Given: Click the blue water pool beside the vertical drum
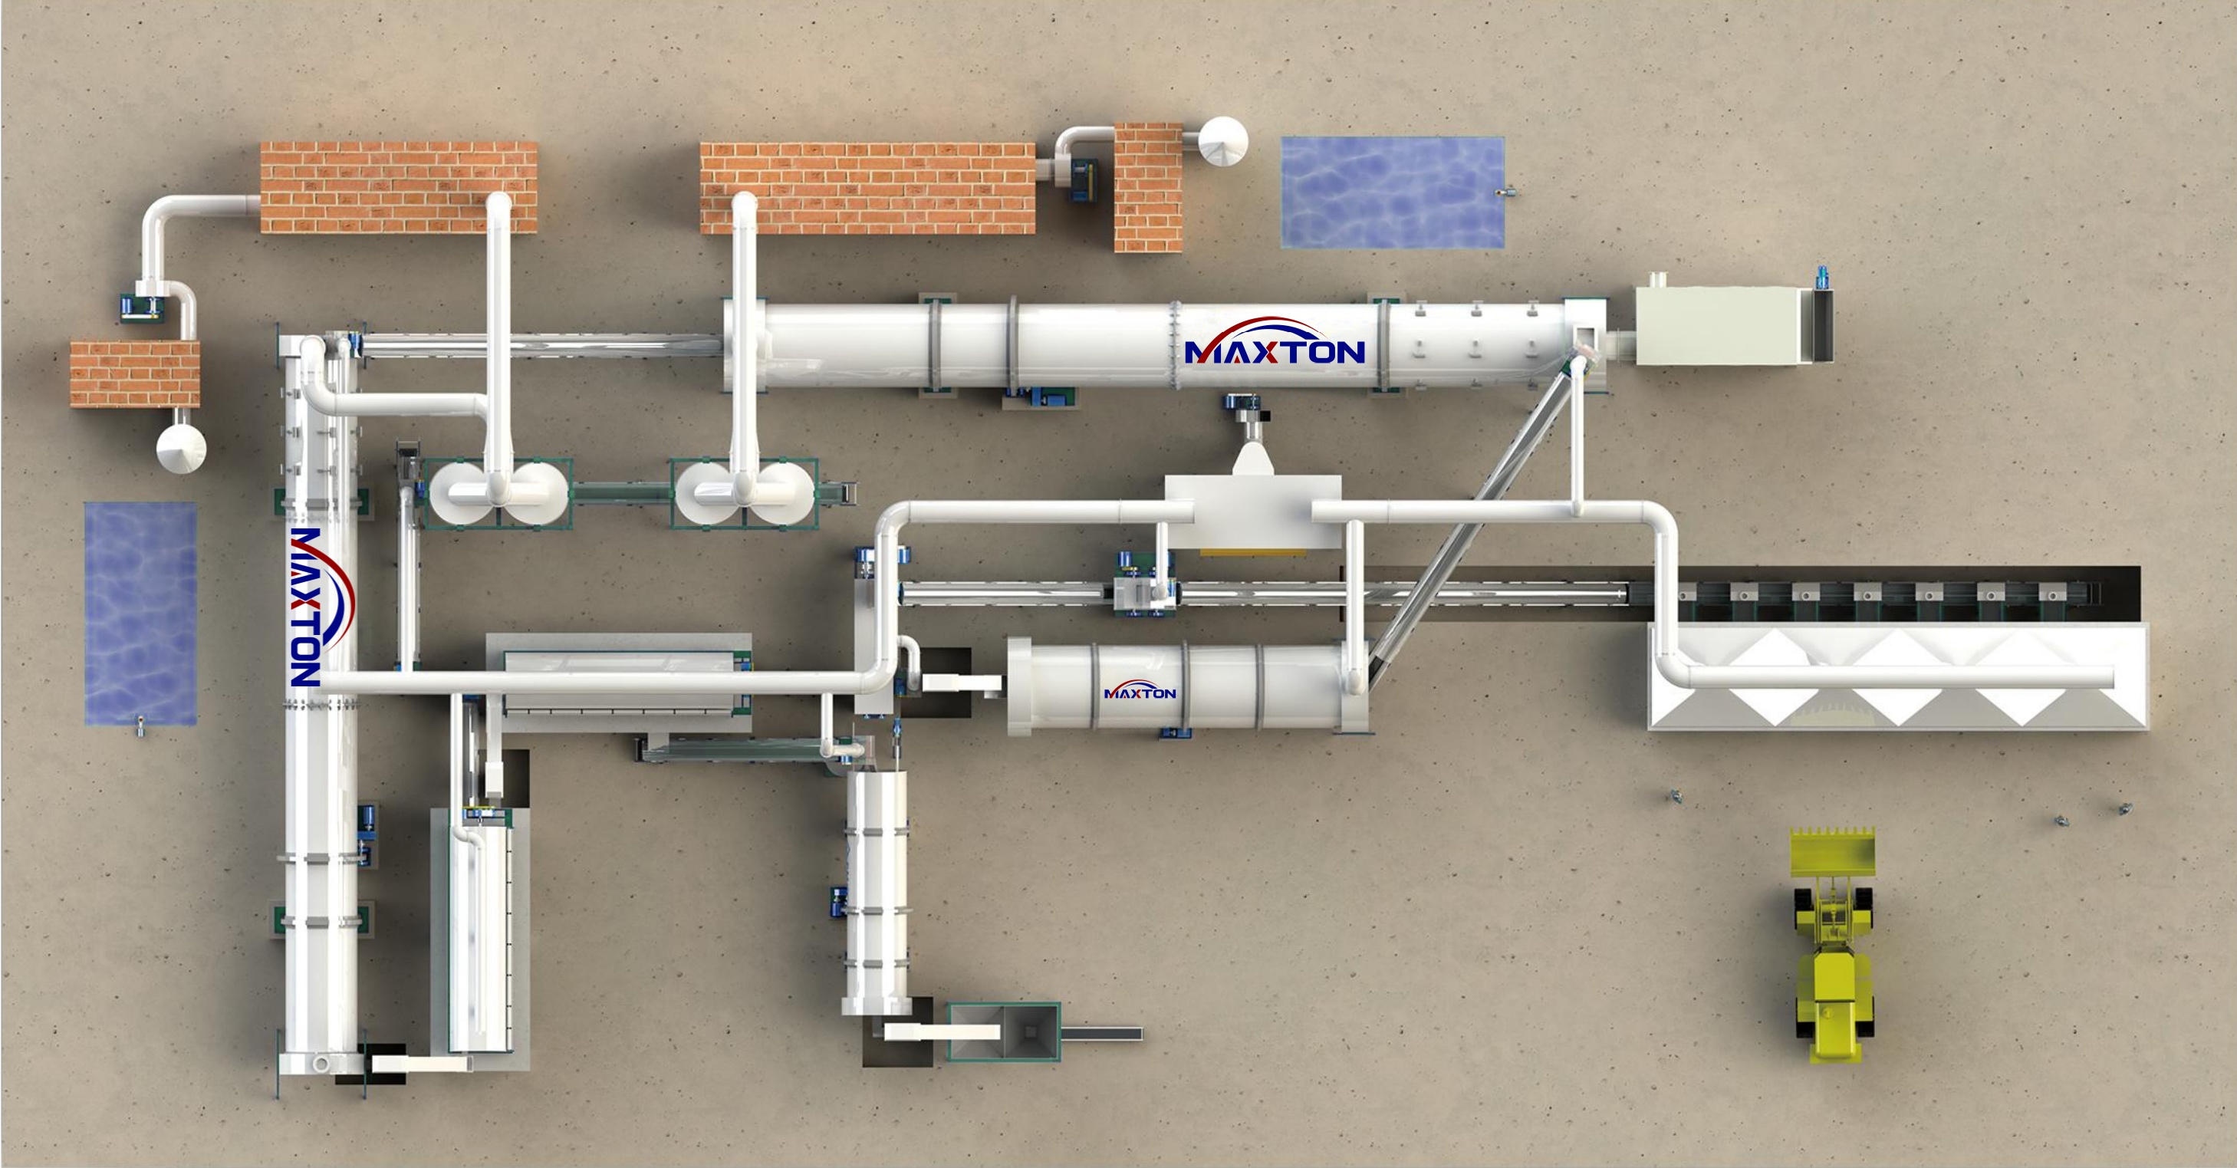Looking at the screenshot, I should click(x=140, y=613).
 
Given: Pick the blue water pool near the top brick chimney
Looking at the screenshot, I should click(x=1392, y=192).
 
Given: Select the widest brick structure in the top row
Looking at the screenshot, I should click(x=867, y=189).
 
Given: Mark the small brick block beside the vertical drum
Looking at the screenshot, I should click(x=135, y=373).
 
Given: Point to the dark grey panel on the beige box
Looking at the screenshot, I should click(x=1824, y=326).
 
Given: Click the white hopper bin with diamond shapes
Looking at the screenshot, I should click(x=1897, y=677).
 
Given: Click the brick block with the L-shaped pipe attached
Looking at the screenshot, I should click(x=399, y=188).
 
